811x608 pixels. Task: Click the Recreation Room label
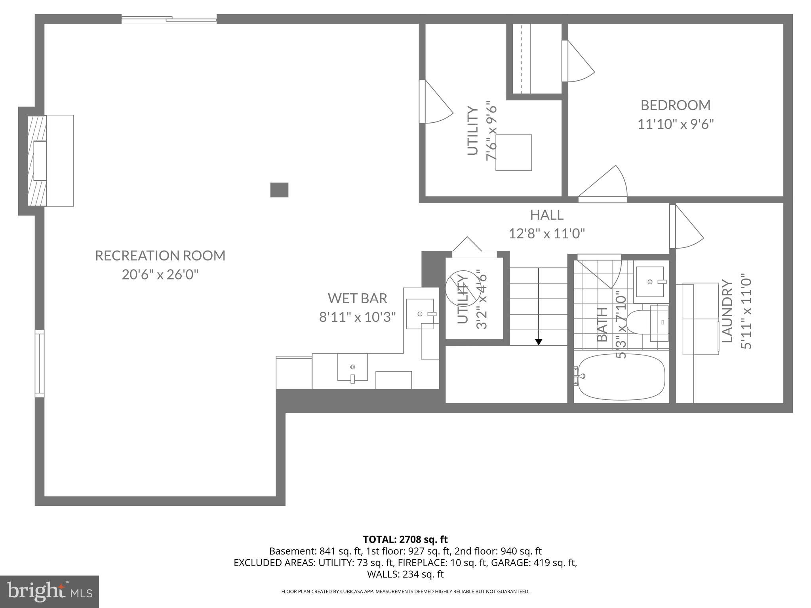(160, 256)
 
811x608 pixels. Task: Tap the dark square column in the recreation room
(279, 190)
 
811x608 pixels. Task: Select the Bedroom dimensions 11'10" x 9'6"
(676, 124)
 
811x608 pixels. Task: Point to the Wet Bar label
(357, 298)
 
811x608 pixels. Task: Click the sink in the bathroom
(650, 281)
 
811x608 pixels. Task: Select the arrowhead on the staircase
(539, 342)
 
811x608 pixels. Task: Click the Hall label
(546, 215)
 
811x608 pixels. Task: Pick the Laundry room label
(728, 311)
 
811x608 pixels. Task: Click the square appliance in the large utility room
(514, 153)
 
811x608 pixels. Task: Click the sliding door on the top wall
(169, 19)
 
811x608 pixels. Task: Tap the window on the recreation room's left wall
(40, 363)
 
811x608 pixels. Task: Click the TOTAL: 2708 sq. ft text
(405, 539)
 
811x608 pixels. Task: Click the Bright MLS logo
(49, 591)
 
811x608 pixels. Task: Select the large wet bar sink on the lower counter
(352, 367)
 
